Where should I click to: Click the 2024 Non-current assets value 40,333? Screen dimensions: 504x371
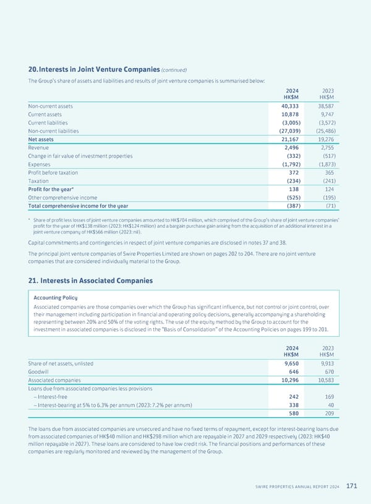[x=286, y=106]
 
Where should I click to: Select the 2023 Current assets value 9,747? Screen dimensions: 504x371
[x=325, y=115]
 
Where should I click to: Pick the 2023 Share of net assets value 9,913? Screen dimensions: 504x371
[x=325, y=363]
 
